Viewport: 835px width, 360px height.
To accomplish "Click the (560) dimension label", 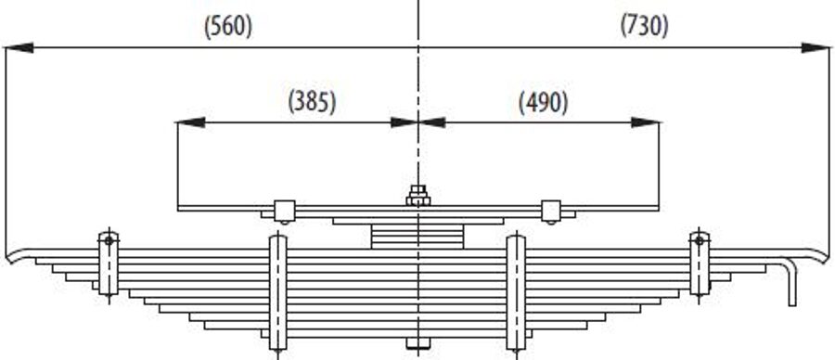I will (x=227, y=26).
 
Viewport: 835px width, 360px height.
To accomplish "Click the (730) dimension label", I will (x=643, y=26).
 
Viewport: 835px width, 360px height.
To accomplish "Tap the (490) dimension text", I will (x=543, y=101).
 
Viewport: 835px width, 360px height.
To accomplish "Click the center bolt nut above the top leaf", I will (x=417, y=196).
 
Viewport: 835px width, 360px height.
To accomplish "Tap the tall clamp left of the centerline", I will (x=277, y=292).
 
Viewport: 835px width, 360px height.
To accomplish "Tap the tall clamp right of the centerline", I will (x=516, y=292).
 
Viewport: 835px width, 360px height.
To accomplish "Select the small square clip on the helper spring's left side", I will (x=284, y=211).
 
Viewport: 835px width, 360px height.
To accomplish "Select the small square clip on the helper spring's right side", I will (x=551, y=211).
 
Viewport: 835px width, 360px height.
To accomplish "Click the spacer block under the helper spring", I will (x=417, y=235).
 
